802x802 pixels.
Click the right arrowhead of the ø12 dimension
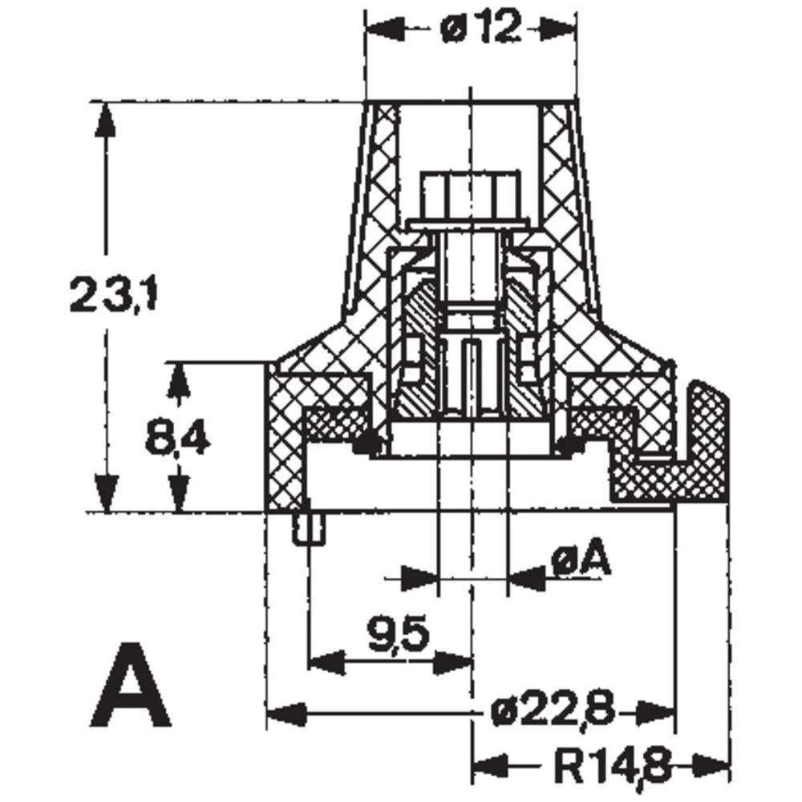point(557,30)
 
